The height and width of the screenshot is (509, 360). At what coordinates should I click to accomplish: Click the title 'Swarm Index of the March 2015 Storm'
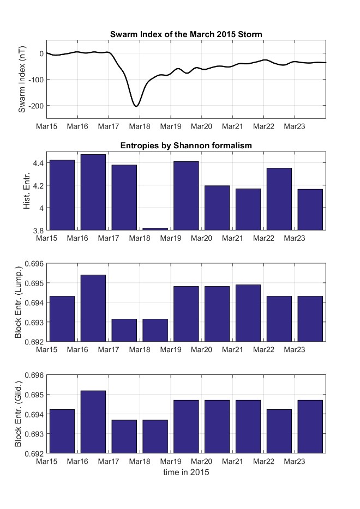pyautogui.click(x=186, y=34)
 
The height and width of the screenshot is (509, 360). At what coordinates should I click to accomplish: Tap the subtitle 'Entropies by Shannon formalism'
pyautogui.click(x=186, y=146)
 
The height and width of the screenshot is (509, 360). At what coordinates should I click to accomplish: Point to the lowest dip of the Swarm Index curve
pyautogui.click(x=136, y=106)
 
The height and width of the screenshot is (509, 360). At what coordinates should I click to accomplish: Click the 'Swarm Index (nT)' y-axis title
pyautogui.click(x=22, y=79)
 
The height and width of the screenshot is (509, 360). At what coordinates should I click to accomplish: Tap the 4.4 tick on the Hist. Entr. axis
pyautogui.click(x=37, y=163)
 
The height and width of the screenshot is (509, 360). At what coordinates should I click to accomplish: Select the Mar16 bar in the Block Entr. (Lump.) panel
pyautogui.click(x=93, y=308)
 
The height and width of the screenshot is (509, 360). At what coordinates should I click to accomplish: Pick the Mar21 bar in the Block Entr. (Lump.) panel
pyautogui.click(x=248, y=313)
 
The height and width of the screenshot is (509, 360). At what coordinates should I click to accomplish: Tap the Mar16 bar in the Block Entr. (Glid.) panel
pyautogui.click(x=93, y=422)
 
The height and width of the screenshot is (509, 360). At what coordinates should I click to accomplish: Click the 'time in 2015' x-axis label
pyautogui.click(x=186, y=472)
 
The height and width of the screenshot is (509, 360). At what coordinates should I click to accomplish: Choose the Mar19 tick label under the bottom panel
pyautogui.click(x=171, y=462)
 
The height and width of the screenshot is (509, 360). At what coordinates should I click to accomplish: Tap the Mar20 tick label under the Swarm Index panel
pyautogui.click(x=202, y=126)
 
